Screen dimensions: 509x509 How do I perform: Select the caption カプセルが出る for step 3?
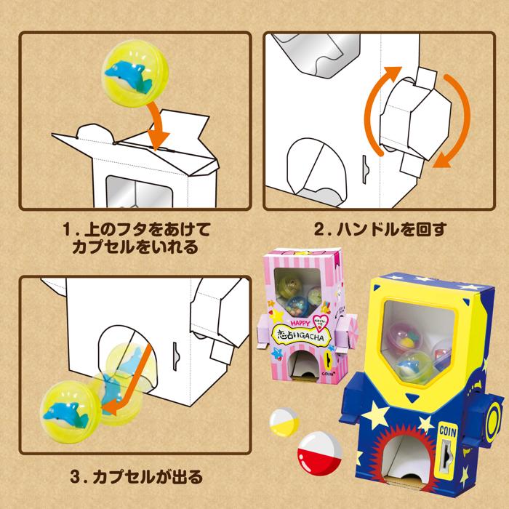pyautogui.click(x=136, y=478)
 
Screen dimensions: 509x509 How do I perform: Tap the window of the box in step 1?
pyautogui.click(x=135, y=191)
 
